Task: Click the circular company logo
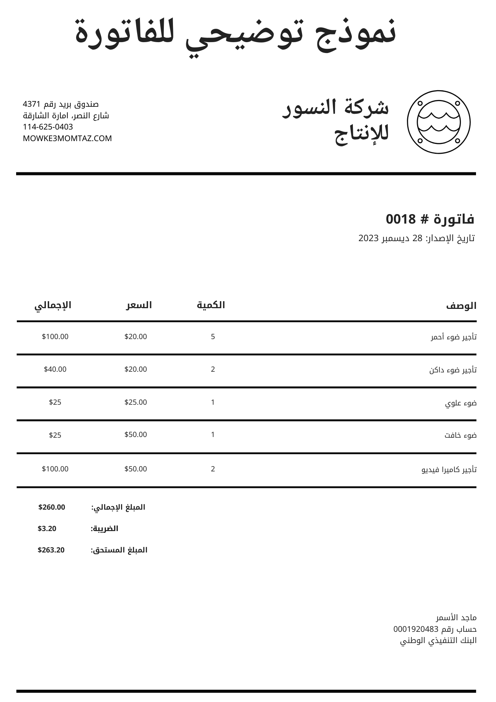(438, 122)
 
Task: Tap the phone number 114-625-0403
(48, 127)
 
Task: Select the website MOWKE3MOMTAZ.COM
(67, 138)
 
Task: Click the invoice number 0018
(401, 219)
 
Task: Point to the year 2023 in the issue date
(368, 238)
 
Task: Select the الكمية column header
(211, 305)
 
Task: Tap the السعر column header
(139, 305)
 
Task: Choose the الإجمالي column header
(53, 305)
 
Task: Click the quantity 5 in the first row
(213, 337)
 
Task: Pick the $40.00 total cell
(55, 369)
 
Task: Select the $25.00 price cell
(136, 402)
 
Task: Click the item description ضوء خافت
(461, 436)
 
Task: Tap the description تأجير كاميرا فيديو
(449, 469)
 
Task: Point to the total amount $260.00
(52, 507)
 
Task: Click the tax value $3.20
(47, 529)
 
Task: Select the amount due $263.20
(51, 550)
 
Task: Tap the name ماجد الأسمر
(456, 617)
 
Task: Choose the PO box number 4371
(32, 104)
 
